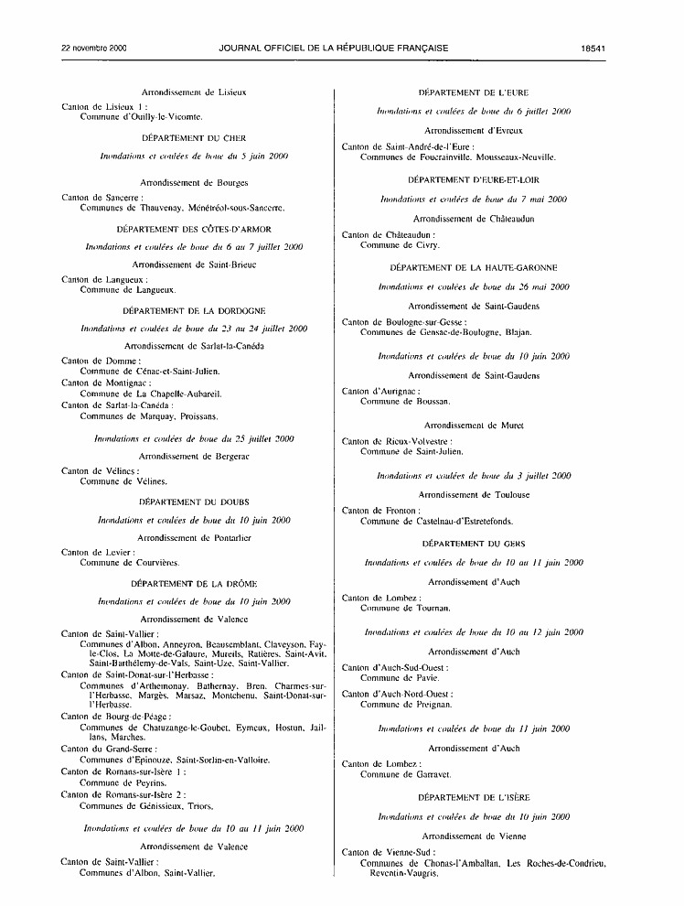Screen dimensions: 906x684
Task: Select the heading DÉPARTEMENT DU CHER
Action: tap(194, 137)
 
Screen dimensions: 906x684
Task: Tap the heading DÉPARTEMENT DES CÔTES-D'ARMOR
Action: tap(194, 228)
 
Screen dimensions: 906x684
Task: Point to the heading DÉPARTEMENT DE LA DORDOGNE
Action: tap(194, 310)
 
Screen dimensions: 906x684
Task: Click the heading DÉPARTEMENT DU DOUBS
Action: tap(194, 502)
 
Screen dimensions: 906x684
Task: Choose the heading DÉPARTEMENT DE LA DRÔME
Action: tap(194, 583)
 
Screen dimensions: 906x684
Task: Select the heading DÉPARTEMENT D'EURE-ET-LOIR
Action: tap(473, 180)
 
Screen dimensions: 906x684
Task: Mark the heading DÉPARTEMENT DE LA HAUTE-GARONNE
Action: tap(473, 267)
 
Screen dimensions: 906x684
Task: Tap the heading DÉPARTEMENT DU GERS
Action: tap(473, 544)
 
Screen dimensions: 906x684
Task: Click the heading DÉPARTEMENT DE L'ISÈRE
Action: tap(473, 798)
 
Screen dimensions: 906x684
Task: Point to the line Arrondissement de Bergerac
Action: tap(194, 456)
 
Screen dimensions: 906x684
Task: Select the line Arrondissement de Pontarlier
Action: tap(194, 538)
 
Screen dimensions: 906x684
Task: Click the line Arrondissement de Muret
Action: tap(473, 426)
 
